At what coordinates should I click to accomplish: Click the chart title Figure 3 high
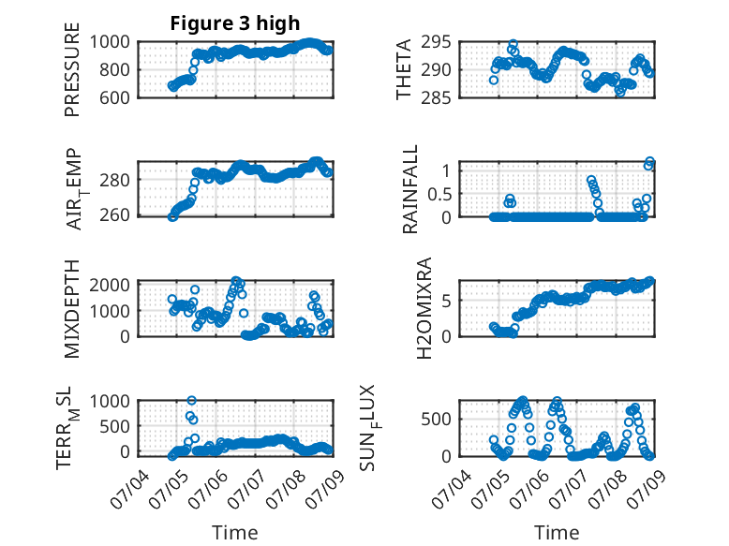pyautogui.click(x=235, y=23)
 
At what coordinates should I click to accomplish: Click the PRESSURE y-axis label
pyautogui.click(x=72, y=69)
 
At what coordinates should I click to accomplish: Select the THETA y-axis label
pyautogui.click(x=404, y=69)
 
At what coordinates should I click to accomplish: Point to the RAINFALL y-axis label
pyautogui.click(x=410, y=189)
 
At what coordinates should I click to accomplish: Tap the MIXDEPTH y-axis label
pyautogui.click(x=72, y=309)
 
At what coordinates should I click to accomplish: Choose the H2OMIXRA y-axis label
pyautogui.click(x=424, y=308)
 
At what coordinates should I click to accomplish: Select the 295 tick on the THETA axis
pyautogui.click(x=436, y=42)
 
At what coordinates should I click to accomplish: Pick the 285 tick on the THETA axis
pyautogui.click(x=436, y=97)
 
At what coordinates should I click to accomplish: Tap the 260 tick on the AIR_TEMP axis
pyautogui.click(x=114, y=215)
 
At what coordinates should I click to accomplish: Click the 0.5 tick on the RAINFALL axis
pyautogui.click(x=439, y=194)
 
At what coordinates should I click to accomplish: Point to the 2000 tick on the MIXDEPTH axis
pyautogui.click(x=110, y=285)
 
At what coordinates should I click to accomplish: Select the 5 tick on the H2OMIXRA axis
pyautogui.click(x=446, y=301)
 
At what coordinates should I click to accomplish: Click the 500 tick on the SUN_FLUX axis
pyautogui.click(x=436, y=420)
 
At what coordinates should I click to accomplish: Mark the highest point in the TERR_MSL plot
pyautogui.click(x=191, y=400)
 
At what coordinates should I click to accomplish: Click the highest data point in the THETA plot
pyautogui.click(x=513, y=44)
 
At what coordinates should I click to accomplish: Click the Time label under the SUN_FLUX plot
pyautogui.click(x=557, y=533)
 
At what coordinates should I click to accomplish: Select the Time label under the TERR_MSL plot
pyautogui.click(x=235, y=533)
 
